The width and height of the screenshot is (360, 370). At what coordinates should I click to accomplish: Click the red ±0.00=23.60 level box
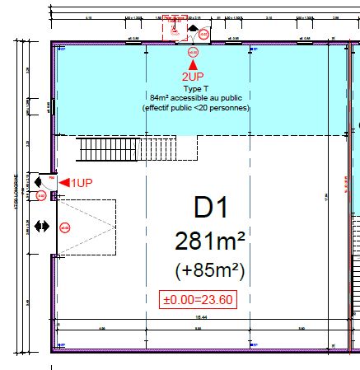[198, 299]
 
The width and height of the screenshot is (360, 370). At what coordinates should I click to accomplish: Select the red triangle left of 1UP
[63, 181]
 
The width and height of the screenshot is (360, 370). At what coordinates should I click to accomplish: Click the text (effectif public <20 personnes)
[195, 107]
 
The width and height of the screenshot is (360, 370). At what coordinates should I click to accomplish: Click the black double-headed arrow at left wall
[42, 225]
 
